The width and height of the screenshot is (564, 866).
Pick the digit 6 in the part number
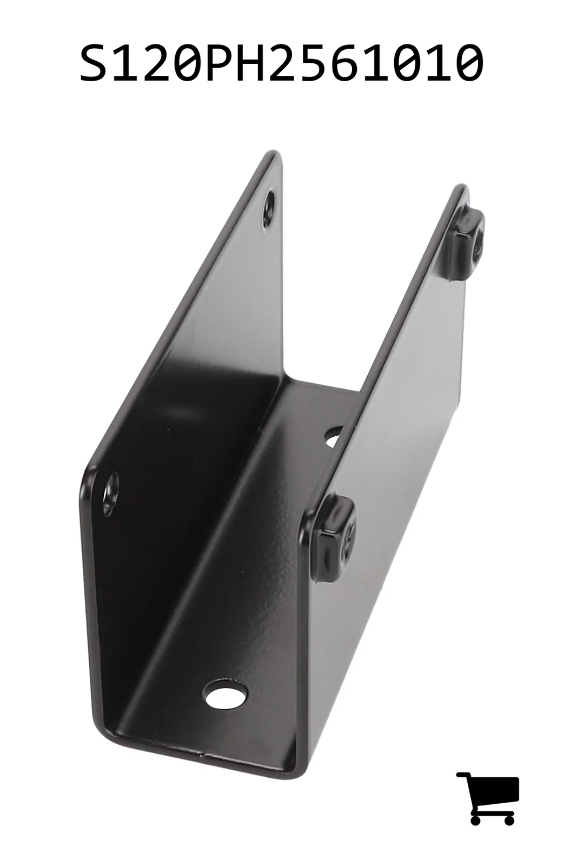pyautogui.click(x=358, y=63)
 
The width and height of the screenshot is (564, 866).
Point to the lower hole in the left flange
pyautogui.click(x=110, y=494)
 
